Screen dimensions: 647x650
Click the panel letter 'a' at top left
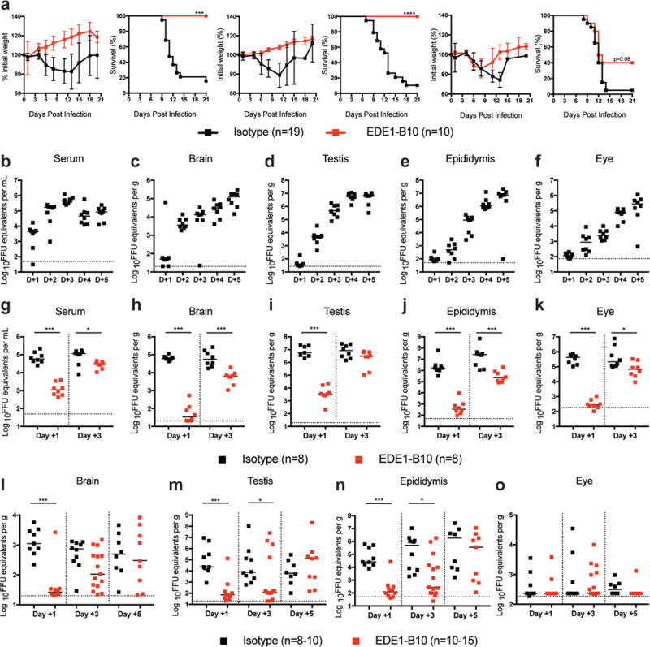point(6,6)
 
